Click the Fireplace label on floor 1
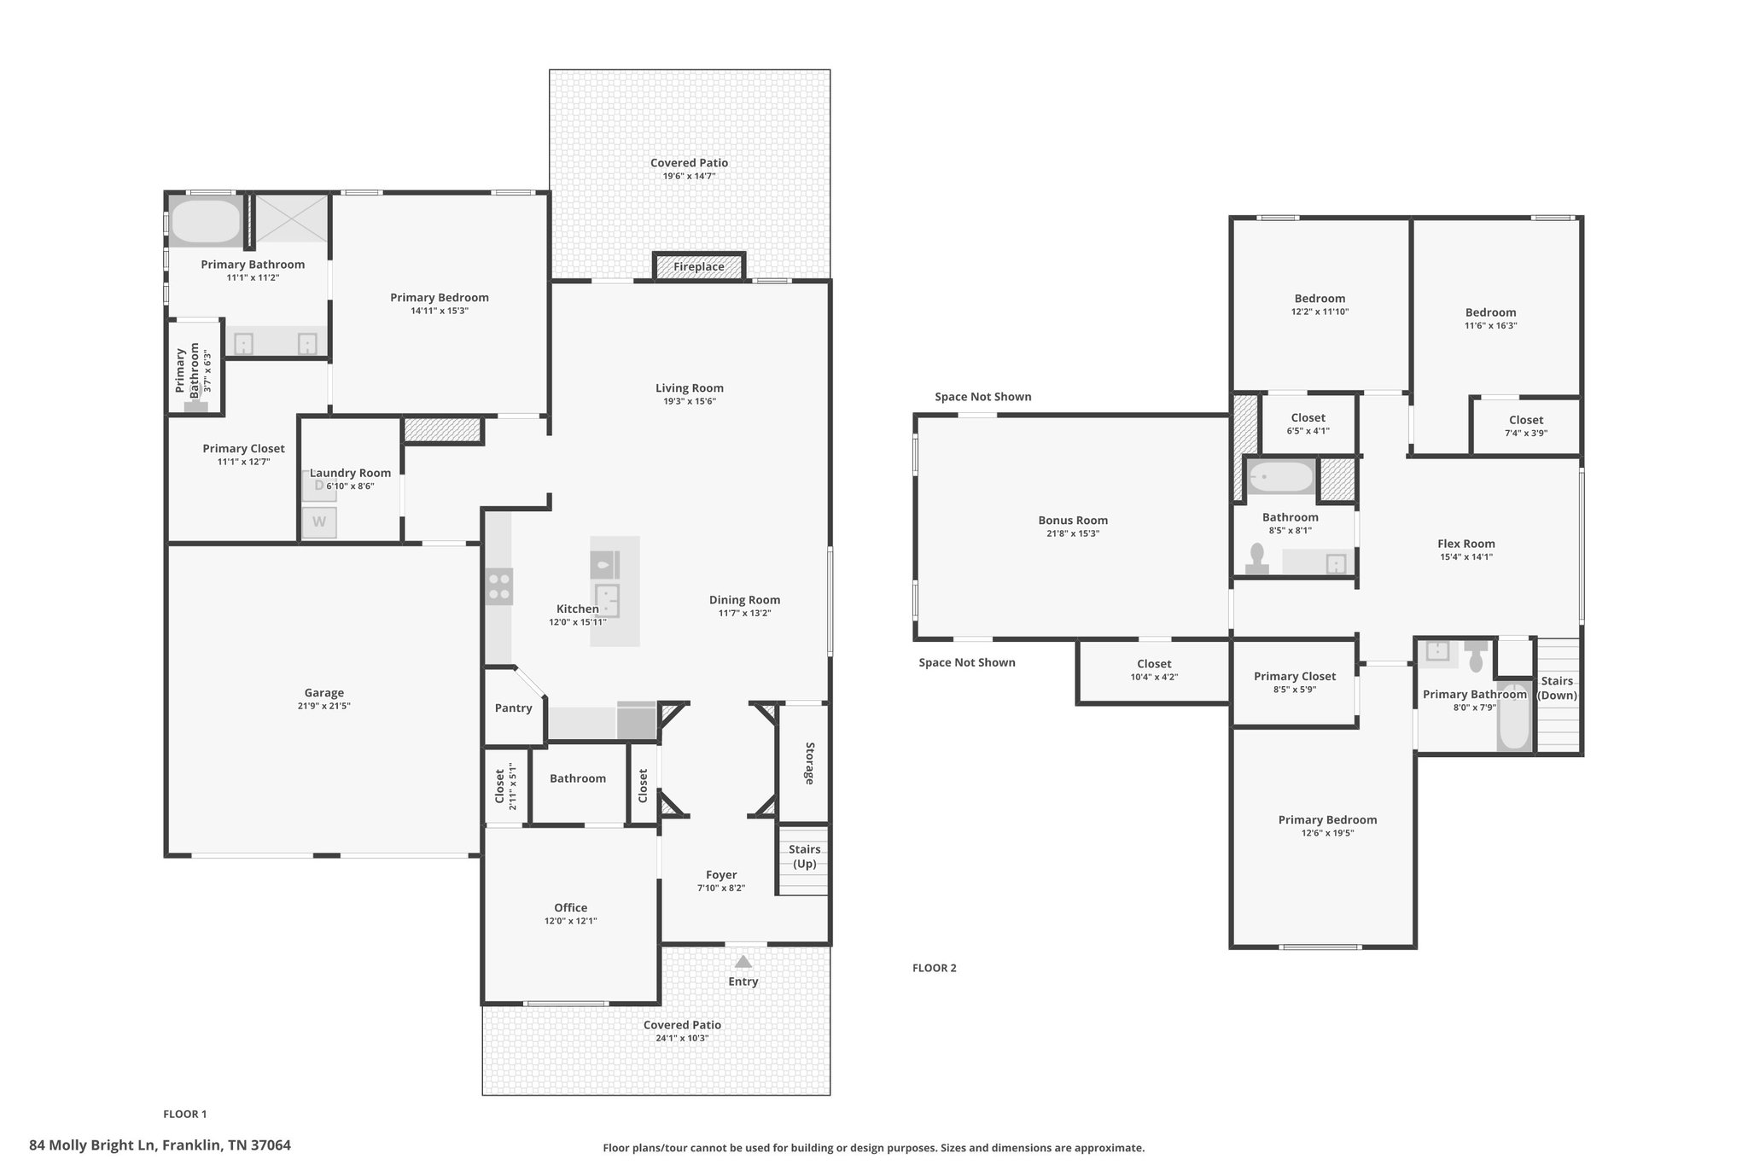(x=698, y=267)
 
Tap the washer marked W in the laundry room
(x=319, y=522)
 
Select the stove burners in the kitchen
(x=499, y=586)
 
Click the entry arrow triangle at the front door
(x=743, y=961)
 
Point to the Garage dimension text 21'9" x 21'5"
(x=324, y=706)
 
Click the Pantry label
(x=513, y=708)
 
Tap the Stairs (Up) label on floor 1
(x=804, y=856)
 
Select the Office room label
(x=570, y=907)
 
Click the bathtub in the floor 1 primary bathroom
(x=207, y=221)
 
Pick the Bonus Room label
(x=1073, y=520)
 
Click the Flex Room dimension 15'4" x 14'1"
(x=1466, y=557)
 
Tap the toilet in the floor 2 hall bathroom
(x=1256, y=559)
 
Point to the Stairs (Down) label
(x=1557, y=688)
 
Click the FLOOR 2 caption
(x=935, y=968)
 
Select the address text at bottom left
(x=160, y=1145)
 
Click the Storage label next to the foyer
(x=809, y=763)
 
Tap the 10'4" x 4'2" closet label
(x=1154, y=671)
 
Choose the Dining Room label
(x=744, y=600)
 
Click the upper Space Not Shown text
(x=983, y=397)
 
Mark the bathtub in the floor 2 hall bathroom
(x=1280, y=478)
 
